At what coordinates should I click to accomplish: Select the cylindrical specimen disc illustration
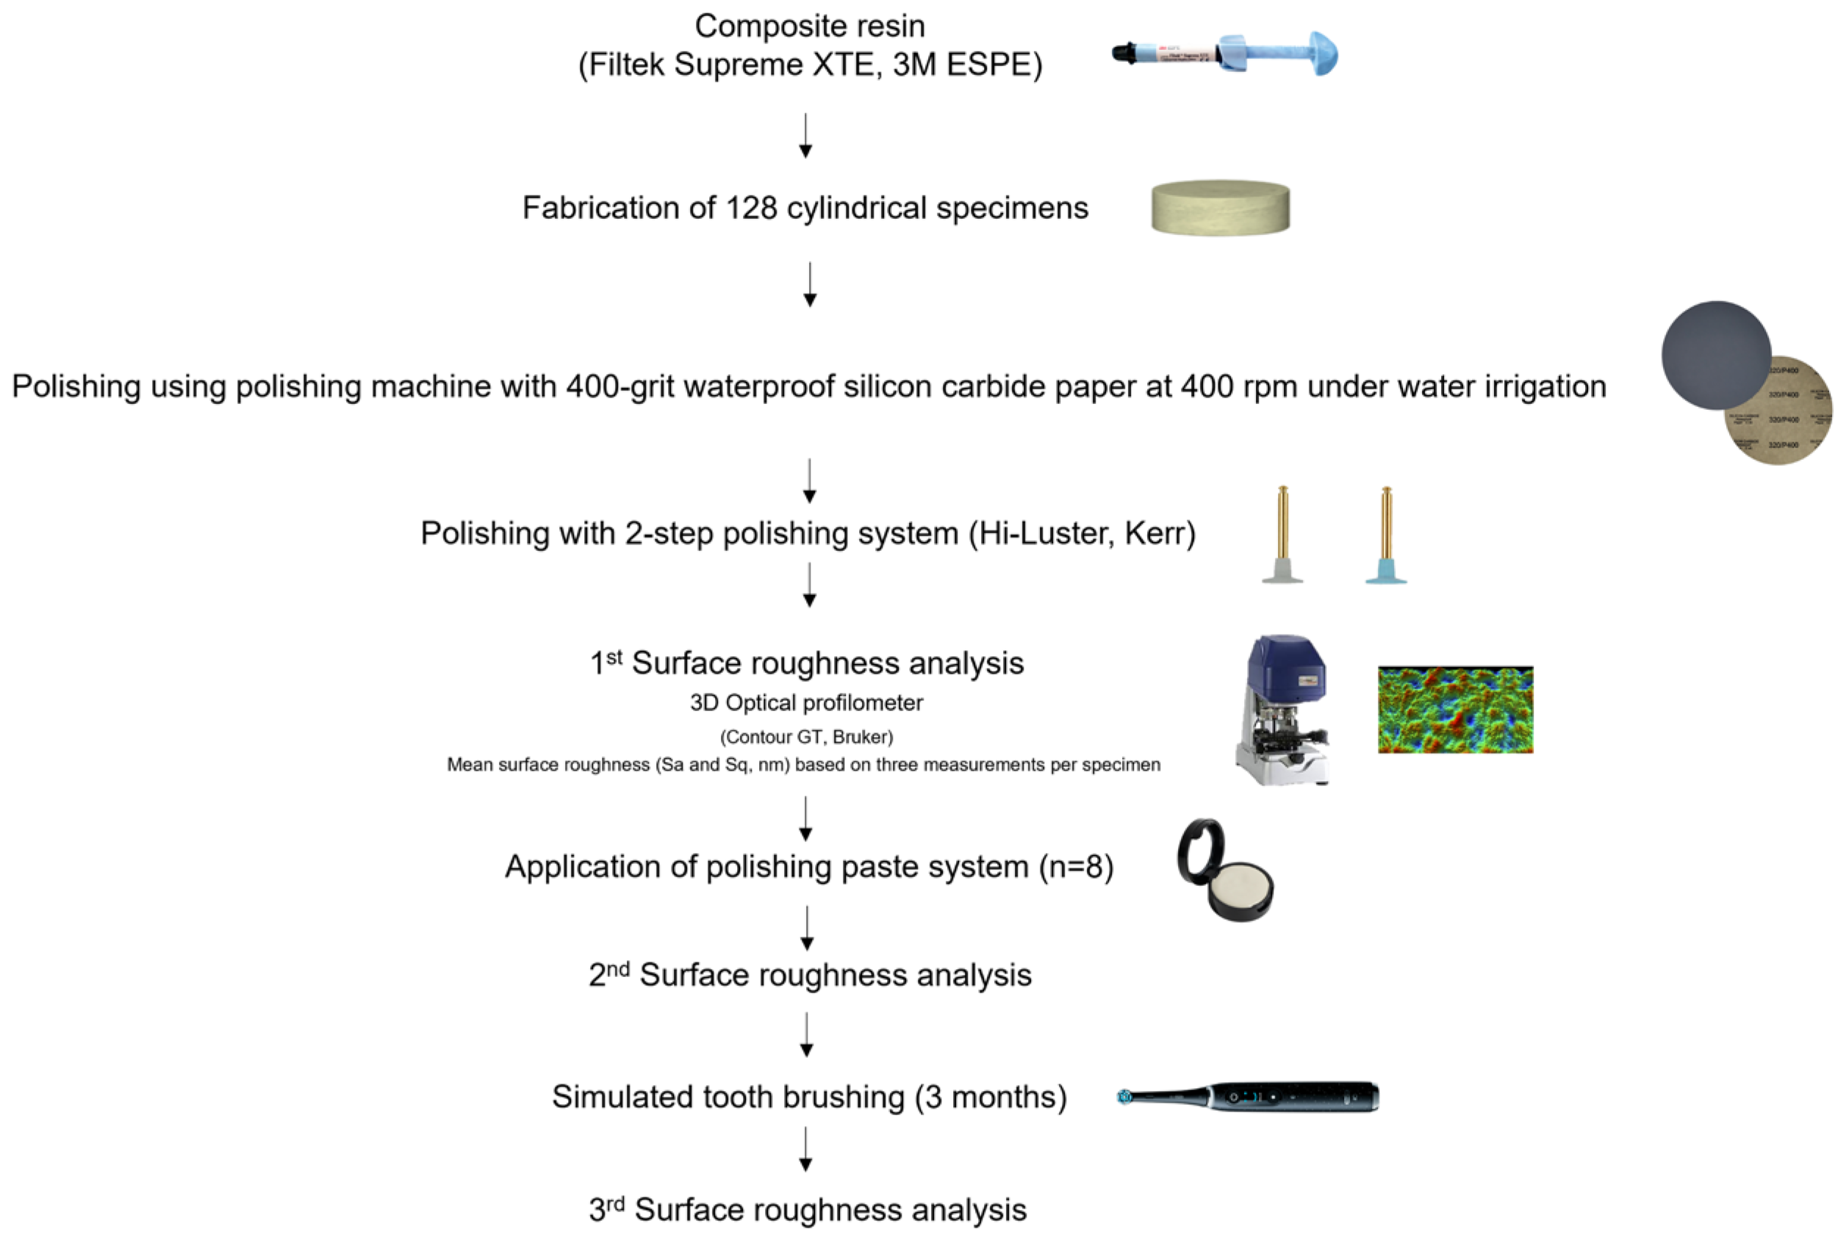pos(1221,208)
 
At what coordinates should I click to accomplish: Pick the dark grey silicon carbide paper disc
pos(1716,354)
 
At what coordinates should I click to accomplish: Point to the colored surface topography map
pos(1455,710)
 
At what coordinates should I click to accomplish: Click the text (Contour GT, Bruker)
pos(806,738)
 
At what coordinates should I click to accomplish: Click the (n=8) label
pos(1076,866)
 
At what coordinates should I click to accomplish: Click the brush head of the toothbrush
pos(1124,1096)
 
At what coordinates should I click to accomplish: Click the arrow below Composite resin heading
pos(805,137)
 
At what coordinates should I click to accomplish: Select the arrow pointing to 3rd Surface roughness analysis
pos(805,1150)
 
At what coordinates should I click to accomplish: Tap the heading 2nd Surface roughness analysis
pos(810,975)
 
